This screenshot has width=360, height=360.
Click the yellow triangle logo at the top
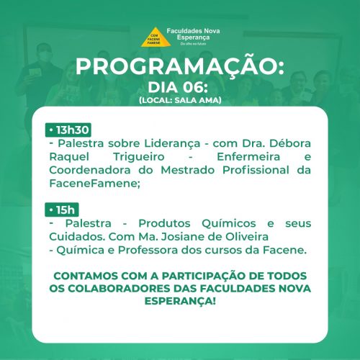[156, 37]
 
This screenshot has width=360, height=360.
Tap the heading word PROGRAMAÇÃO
[180, 67]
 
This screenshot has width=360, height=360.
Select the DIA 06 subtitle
[178, 87]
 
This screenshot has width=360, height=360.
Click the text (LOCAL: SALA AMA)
[180, 100]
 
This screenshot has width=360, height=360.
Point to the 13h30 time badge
[68, 130]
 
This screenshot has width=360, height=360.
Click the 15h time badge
[62, 210]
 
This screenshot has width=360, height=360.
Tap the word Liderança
[172, 143]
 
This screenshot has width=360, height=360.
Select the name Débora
[290, 143]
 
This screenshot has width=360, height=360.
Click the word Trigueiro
[139, 157]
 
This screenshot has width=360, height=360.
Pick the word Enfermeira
[248, 157]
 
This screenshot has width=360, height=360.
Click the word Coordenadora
[90, 170]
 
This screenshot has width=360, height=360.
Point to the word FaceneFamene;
[94, 184]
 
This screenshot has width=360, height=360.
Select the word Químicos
[229, 224]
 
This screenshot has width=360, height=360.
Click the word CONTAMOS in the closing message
[86, 276]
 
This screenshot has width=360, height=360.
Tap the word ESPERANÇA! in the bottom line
[180, 301]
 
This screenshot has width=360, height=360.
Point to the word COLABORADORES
[119, 289]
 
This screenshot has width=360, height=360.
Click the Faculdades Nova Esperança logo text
[193, 34]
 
